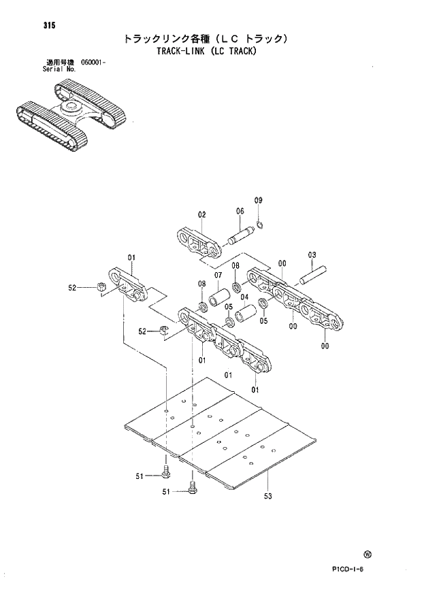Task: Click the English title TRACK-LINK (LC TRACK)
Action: coord(205,52)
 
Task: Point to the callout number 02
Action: coord(201,215)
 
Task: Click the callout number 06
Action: coord(240,211)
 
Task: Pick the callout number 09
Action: coord(258,200)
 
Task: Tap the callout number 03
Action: coord(312,255)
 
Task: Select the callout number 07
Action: coord(218,275)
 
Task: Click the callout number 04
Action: coord(244,297)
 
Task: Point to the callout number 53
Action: coord(267,496)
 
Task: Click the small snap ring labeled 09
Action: coord(262,225)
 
